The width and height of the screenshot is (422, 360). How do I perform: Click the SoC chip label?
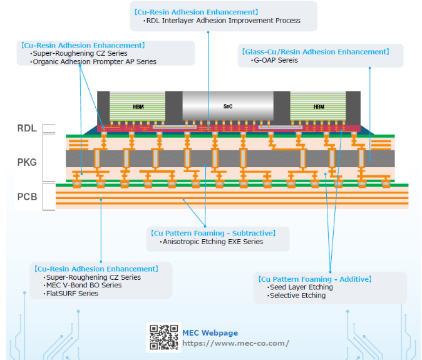(x=228, y=106)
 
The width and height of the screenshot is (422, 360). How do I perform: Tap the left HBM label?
(x=138, y=107)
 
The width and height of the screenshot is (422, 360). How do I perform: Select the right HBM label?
(x=319, y=107)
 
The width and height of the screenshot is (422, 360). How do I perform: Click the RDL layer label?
(x=27, y=128)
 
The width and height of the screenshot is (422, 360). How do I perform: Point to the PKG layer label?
(x=27, y=163)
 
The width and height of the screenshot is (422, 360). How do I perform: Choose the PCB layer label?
(x=27, y=197)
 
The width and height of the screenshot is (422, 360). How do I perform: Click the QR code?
(x=163, y=337)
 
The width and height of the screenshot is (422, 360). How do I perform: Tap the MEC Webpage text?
(x=210, y=333)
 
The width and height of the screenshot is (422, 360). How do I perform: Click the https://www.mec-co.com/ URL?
(x=236, y=343)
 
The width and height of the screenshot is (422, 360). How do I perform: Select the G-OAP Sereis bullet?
(x=274, y=60)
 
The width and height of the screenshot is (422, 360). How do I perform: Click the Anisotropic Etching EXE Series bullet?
(x=212, y=242)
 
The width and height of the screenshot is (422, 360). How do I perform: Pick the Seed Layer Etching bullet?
(x=300, y=287)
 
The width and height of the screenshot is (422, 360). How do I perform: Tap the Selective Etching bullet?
(x=296, y=296)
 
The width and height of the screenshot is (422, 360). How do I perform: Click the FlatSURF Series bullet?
(x=71, y=294)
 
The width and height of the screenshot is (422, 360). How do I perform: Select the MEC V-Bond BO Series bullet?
(x=83, y=285)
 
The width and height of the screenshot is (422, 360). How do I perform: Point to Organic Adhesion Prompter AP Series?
(x=93, y=61)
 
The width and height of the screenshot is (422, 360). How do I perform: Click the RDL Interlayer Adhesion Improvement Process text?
(x=222, y=21)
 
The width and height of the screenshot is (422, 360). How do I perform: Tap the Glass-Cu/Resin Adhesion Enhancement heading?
(x=316, y=52)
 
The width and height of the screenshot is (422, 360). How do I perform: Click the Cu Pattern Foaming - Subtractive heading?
(x=213, y=233)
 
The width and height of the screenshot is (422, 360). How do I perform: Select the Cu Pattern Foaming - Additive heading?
(x=315, y=279)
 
